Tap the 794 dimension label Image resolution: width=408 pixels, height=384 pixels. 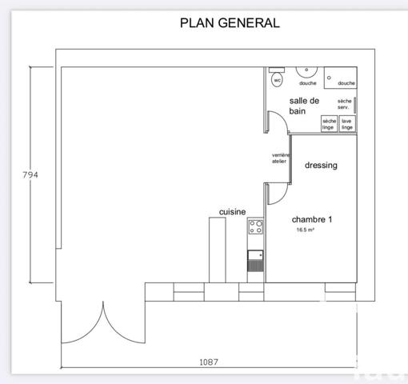(x=30, y=174)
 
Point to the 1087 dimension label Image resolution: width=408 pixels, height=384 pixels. (x=208, y=362)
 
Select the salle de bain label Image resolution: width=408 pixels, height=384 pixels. (x=304, y=106)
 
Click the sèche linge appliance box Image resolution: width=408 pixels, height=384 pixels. (x=329, y=124)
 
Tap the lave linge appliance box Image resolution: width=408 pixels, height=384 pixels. (x=347, y=124)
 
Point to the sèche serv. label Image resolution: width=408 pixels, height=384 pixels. (x=345, y=104)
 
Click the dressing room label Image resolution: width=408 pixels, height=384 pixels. (x=321, y=166)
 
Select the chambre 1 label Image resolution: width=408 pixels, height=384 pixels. (x=312, y=219)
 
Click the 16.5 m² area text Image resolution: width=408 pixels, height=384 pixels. (x=305, y=230)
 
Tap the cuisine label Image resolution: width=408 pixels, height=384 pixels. (x=232, y=212)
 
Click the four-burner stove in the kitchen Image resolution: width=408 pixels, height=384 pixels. (x=256, y=226)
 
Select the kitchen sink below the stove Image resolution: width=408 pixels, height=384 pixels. (x=256, y=260)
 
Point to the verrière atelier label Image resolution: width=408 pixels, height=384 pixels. (x=279, y=158)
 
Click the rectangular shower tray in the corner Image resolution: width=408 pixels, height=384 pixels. (x=346, y=78)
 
